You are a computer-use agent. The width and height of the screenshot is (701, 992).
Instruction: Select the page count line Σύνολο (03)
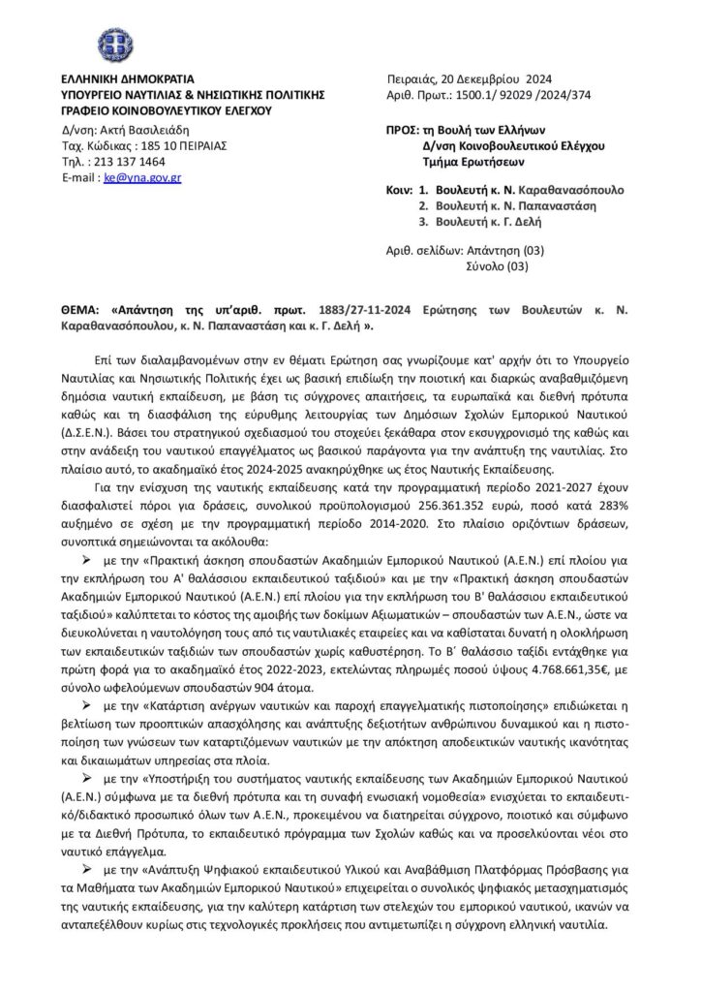point(499,264)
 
